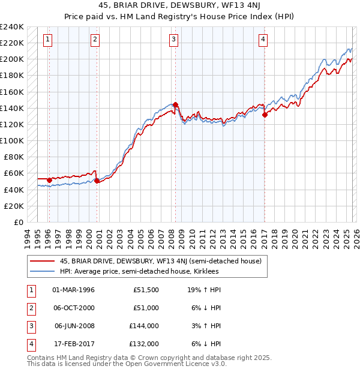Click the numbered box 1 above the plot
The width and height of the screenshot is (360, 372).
(48, 40)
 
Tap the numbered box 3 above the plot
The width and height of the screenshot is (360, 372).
(173, 40)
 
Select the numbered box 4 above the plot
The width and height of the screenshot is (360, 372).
(263, 40)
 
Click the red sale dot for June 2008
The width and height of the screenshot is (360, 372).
(175, 104)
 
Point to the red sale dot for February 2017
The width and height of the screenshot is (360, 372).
(265, 115)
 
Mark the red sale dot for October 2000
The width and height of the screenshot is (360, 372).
(97, 181)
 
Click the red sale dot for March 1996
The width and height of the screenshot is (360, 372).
(49, 180)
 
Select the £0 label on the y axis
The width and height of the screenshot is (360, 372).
(17, 222)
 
